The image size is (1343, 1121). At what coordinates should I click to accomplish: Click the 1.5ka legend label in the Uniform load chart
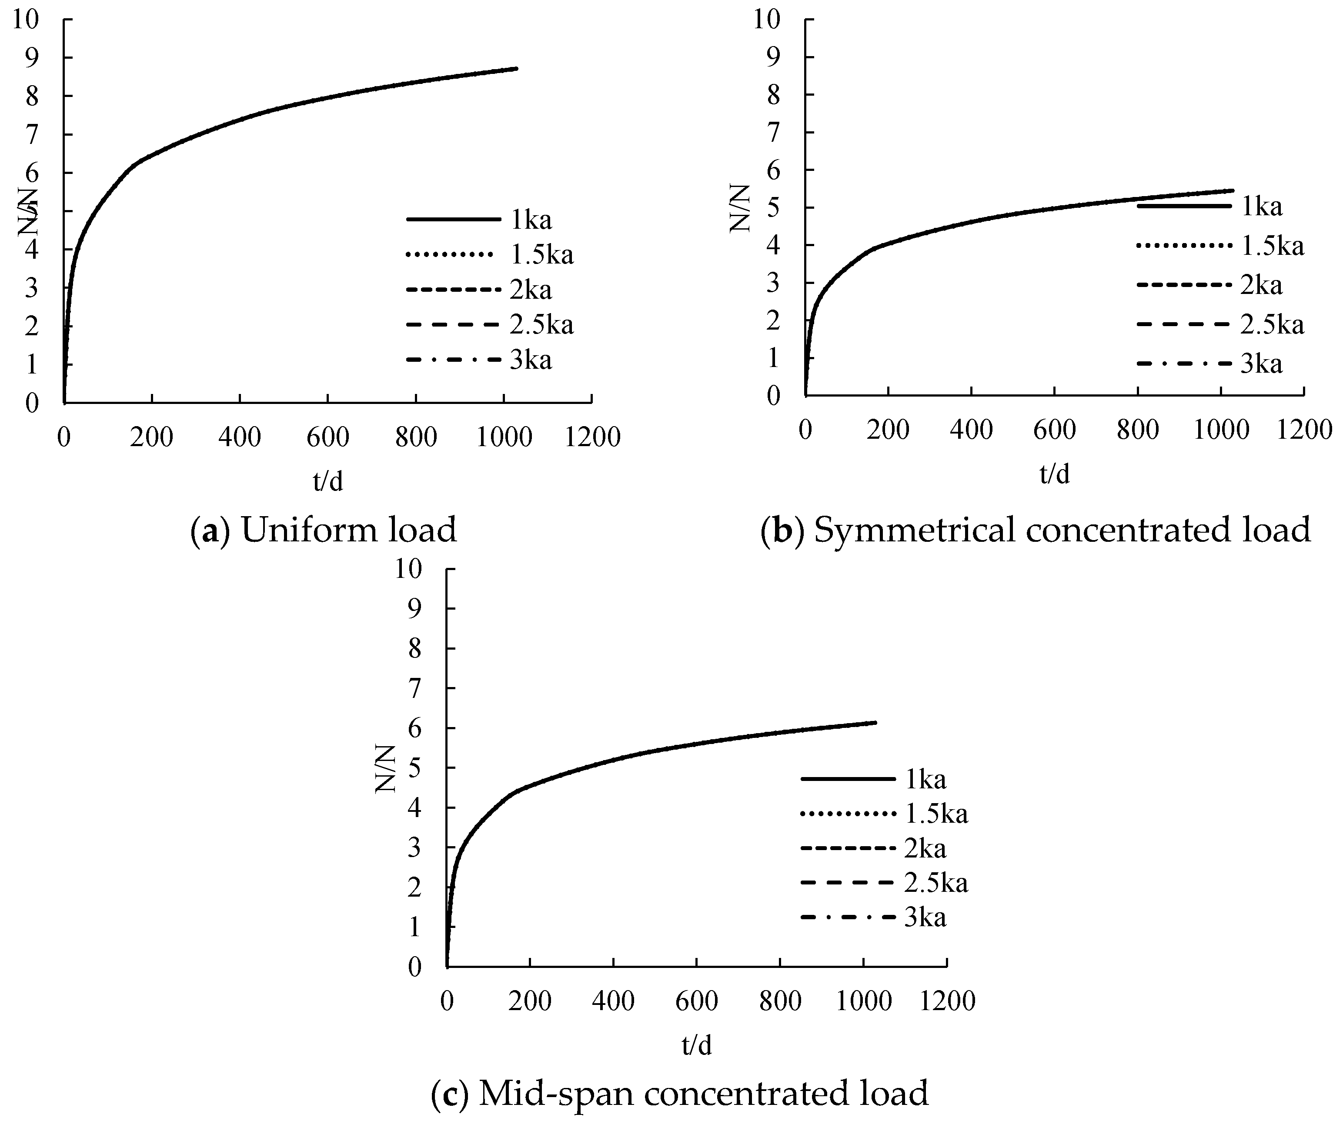(x=541, y=255)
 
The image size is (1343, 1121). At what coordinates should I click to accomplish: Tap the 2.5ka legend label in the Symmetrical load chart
(x=1272, y=325)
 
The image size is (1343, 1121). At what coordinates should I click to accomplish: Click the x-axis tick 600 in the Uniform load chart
(x=327, y=437)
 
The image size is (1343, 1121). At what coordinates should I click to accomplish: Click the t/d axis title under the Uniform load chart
(x=328, y=481)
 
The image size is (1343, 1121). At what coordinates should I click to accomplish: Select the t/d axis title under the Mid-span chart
(x=696, y=1045)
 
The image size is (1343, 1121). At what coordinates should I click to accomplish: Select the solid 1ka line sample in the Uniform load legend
(x=453, y=219)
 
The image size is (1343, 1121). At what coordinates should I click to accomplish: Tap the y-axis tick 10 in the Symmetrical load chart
(x=766, y=19)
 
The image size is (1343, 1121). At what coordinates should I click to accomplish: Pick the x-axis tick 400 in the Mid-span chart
(x=613, y=1001)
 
